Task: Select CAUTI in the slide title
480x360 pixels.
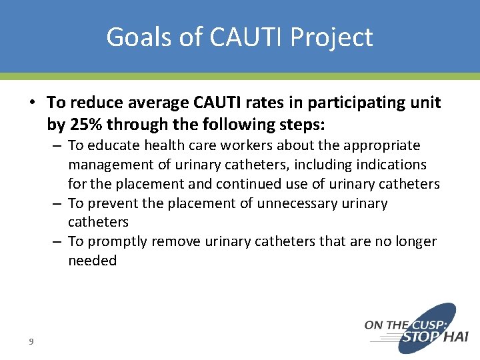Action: tap(230, 37)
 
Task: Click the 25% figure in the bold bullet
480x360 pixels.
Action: tap(85, 125)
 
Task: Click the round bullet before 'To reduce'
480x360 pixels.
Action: tap(31, 102)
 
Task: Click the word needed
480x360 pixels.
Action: tap(92, 261)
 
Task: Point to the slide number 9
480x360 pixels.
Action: tap(31, 341)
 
